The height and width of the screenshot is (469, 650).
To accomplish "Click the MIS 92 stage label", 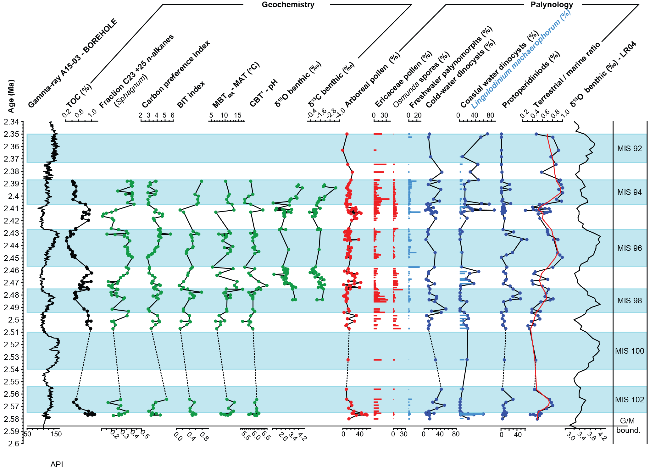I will (x=629, y=149).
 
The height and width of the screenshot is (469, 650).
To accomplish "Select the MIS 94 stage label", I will (x=629, y=192).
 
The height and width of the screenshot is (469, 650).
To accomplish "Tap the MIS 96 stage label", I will (x=629, y=248).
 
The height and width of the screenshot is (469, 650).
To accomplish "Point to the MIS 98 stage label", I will (x=629, y=301).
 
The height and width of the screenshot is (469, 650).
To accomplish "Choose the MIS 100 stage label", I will (x=629, y=351).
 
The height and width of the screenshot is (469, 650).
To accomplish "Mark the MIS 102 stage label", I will (x=629, y=400).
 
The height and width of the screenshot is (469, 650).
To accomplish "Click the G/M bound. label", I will (x=628, y=425).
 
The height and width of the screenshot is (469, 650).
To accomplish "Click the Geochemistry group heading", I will (x=288, y=5).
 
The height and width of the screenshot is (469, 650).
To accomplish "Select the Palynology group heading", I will (x=552, y=5).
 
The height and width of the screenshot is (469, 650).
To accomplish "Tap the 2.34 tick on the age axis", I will (x=11, y=122).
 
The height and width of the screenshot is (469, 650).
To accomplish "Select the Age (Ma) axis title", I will (x=11, y=96).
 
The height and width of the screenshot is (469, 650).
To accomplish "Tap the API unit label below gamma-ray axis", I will (x=57, y=464).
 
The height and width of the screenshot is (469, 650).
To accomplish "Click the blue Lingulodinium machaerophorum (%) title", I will (x=520, y=60).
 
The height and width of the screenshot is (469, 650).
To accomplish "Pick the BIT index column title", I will (x=191, y=94).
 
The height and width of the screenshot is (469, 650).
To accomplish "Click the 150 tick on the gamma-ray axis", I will (x=56, y=434).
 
